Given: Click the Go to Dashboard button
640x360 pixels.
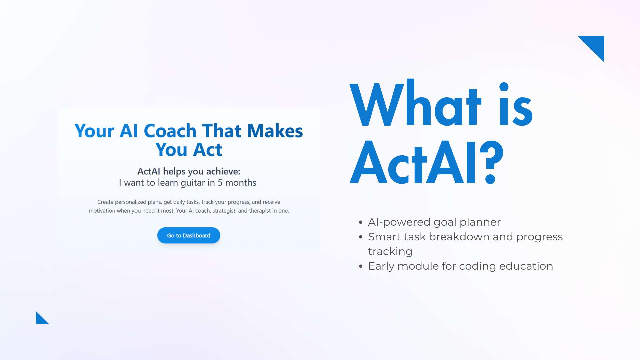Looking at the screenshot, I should tap(189, 235).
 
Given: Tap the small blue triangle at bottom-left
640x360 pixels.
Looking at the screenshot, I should tap(40, 319).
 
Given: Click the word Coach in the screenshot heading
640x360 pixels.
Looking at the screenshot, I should tap(170, 131).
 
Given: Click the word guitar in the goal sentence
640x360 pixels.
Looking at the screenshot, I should tap(193, 183).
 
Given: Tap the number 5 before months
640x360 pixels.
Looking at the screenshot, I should tap(220, 183).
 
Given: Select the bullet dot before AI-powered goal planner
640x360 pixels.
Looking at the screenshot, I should tap(360, 222).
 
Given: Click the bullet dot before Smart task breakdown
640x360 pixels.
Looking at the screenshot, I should tap(360, 237).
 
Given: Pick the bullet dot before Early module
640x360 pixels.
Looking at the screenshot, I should tap(360, 266).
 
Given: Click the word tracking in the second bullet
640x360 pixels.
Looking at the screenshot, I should tap(390, 252).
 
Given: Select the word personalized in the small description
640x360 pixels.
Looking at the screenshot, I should tap(131, 202).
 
